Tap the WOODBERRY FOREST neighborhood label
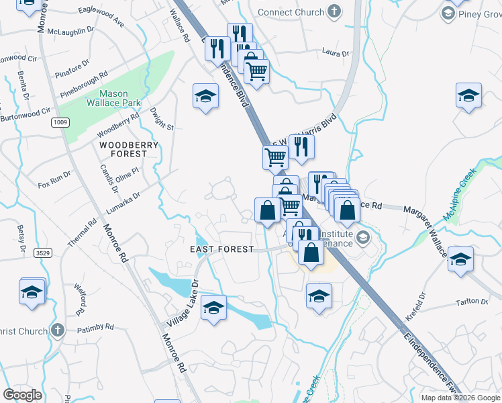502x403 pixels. (129, 149)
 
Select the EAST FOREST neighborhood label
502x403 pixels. (222, 249)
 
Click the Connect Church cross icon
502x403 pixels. (334, 11)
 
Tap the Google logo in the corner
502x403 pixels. (22, 395)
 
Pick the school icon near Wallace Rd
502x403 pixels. (206, 96)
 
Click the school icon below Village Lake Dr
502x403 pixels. (213, 308)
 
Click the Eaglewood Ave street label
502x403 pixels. (101, 17)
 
